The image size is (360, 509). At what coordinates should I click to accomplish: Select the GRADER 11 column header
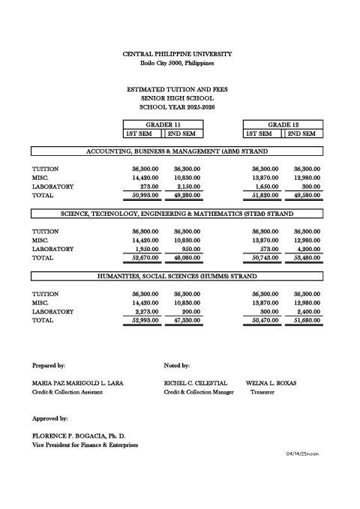[163, 124]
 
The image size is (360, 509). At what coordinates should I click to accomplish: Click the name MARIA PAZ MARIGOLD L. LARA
[78, 382]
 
